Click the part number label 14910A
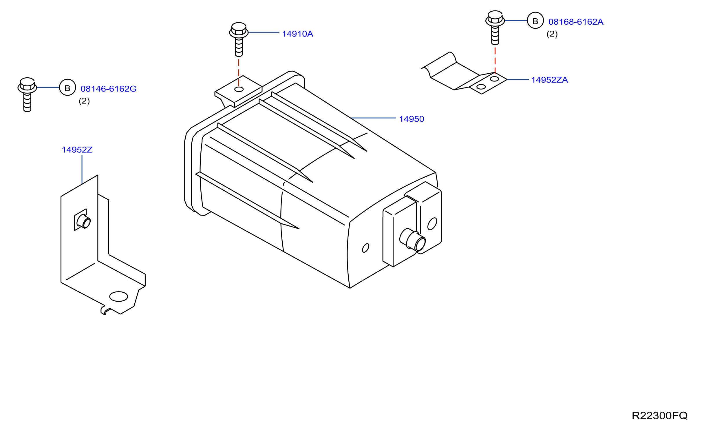(297, 34)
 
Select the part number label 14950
(412, 119)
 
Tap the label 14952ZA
(549, 80)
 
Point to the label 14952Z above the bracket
(77, 150)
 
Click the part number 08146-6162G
(109, 89)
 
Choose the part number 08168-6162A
(576, 22)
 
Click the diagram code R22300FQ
(659, 416)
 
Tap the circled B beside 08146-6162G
(67, 87)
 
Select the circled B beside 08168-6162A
(535, 20)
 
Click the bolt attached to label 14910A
(239, 39)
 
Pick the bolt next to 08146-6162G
(27, 95)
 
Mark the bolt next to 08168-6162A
(495, 28)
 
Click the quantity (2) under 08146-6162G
(84, 101)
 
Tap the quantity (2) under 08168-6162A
(552, 34)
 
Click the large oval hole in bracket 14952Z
(118, 296)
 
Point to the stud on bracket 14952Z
(84, 222)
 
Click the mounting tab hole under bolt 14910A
(239, 89)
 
